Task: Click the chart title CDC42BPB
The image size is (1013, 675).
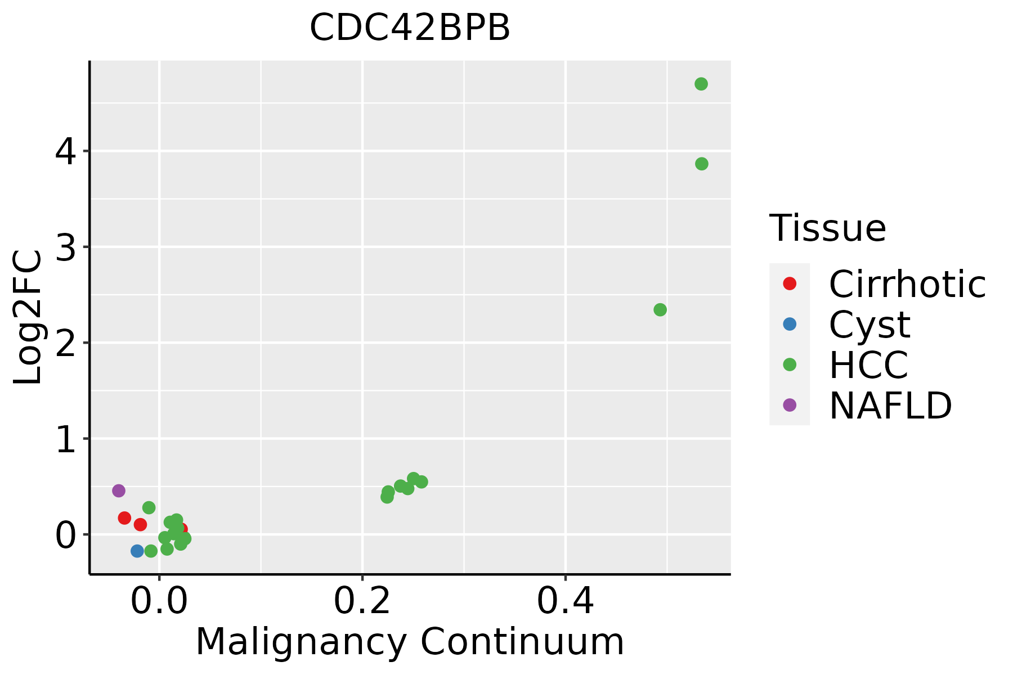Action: pos(410,28)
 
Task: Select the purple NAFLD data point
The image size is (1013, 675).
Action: pos(119,490)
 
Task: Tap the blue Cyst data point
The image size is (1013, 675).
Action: pos(137,551)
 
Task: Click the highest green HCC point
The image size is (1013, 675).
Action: pos(701,84)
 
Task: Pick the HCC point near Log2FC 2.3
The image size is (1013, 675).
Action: pos(660,310)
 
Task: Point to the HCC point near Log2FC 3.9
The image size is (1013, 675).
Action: pos(702,164)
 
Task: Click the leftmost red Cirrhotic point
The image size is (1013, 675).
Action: pos(125,518)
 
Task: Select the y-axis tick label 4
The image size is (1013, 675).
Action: pos(66,152)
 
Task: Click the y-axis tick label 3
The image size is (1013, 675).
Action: pos(66,247)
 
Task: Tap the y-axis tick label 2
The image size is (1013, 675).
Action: pos(66,343)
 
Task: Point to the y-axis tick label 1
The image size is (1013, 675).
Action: pos(66,439)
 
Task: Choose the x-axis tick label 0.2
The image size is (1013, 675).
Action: pos(362,601)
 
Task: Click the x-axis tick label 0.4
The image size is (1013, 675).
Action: pos(566,601)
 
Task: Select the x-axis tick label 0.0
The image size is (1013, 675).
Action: pos(159,601)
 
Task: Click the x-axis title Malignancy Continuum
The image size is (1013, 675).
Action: pos(410,642)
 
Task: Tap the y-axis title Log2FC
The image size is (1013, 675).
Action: pos(28,318)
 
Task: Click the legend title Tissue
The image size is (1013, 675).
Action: pos(828,228)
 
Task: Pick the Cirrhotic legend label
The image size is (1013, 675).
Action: pos(907,283)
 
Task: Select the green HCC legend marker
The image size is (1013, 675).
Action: pos(790,364)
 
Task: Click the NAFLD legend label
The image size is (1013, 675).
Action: pos(891,405)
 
